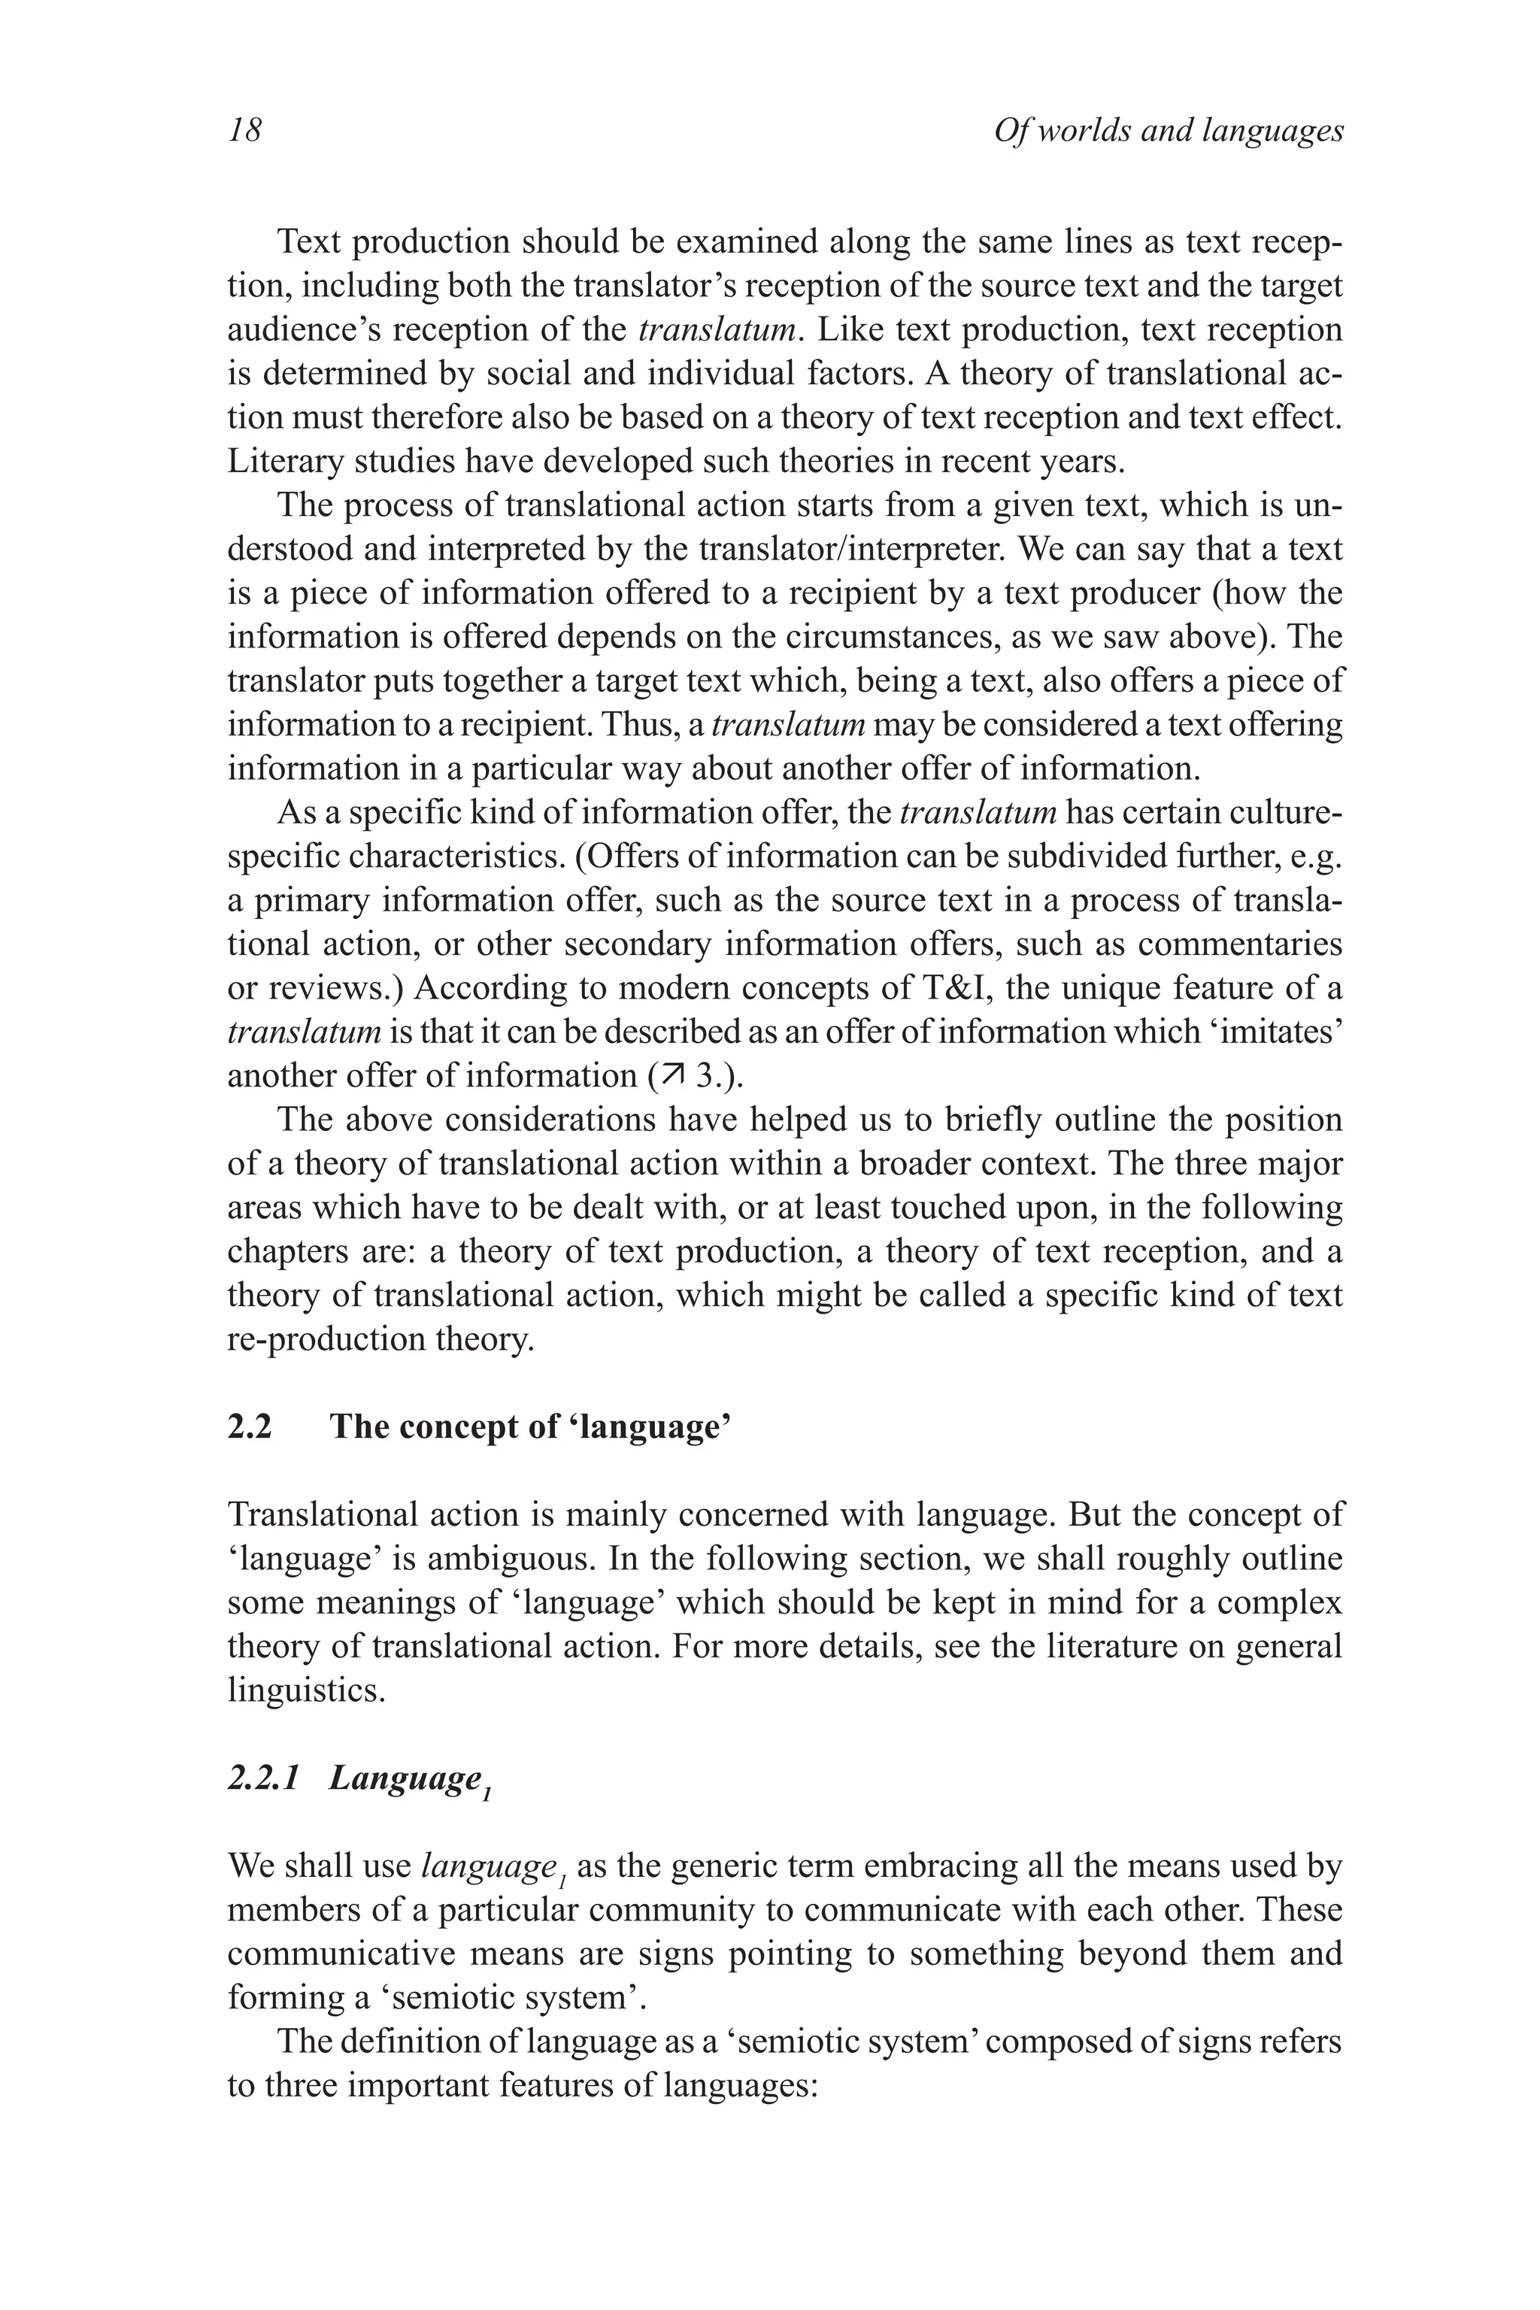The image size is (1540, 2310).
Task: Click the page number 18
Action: pos(244,131)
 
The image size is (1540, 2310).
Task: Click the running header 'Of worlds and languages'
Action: pos(1168,131)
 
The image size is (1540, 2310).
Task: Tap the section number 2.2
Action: pos(250,1426)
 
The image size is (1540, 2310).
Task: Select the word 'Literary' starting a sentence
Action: pos(286,461)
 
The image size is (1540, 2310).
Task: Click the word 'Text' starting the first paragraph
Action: pos(311,241)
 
